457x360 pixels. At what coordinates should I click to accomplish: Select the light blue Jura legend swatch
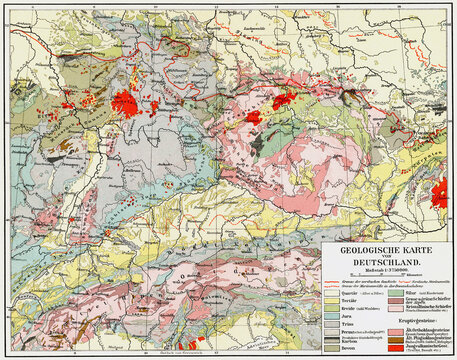click(330, 316)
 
